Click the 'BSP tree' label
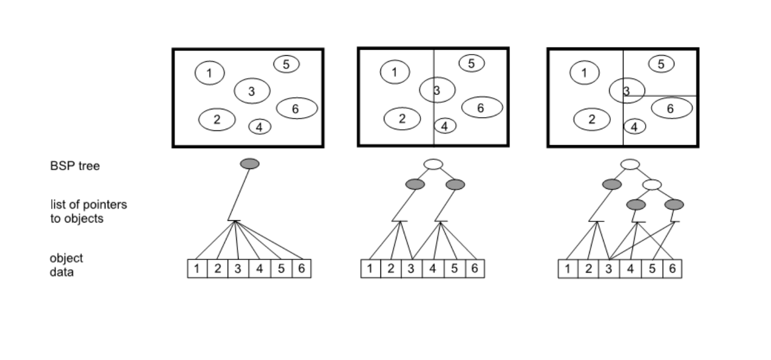pyautogui.click(x=75, y=166)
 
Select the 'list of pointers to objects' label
pyautogui.click(x=88, y=211)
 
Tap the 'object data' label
pyautogui.click(x=66, y=264)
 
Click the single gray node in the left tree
pyautogui.click(x=250, y=164)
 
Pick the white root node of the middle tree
pyautogui.click(x=434, y=164)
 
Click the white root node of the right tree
pyautogui.click(x=630, y=164)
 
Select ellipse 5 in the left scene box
pyautogui.click(x=286, y=64)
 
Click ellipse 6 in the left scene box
pyautogui.click(x=297, y=108)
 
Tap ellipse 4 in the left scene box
pyautogui.click(x=260, y=126)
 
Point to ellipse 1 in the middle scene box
pyautogui.click(x=395, y=71)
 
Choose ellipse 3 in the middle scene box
pyautogui.click(x=437, y=90)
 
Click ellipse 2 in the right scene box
pyautogui.click(x=592, y=119)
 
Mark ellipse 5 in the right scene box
pyautogui.click(x=661, y=64)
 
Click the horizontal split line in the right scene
pyautogui.click(x=668, y=96)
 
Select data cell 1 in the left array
pyautogui.click(x=197, y=269)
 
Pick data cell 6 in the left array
pyautogui.click(x=301, y=269)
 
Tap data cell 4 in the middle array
pyautogui.click(x=432, y=269)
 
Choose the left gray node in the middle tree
pyautogui.click(x=414, y=184)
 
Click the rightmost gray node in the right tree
pyautogui.click(x=674, y=205)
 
